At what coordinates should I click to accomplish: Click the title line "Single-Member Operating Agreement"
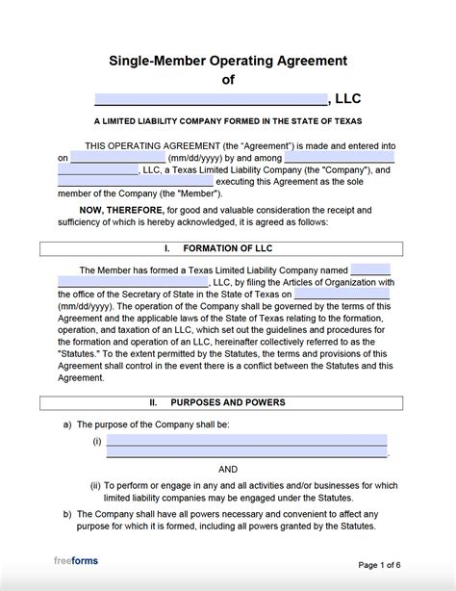pos(228,61)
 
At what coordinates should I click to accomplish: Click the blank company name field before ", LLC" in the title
pos(211,98)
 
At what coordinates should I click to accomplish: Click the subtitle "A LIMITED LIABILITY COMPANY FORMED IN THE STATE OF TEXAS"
pos(228,122)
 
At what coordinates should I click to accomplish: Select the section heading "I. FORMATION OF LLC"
pos(228,248)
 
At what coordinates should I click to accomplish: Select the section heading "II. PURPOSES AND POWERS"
pos(228,401)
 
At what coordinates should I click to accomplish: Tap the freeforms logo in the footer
pos(76,561)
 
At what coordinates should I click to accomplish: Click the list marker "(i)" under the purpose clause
pos(97,441)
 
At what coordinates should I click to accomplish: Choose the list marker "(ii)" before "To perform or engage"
pos(96,485)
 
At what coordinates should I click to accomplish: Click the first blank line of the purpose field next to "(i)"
pos(246,440)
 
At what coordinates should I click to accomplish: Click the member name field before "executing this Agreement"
pos(135,182)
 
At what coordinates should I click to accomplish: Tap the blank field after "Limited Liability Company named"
pos(370,270)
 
